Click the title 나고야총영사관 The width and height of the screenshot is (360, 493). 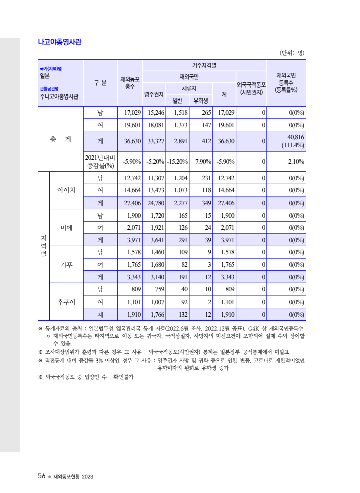tap(59, 42)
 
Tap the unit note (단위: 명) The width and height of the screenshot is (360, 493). tap(292, 53)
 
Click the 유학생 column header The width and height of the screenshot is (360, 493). tap(204, 101)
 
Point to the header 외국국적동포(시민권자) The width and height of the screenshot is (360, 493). tap(251, 88)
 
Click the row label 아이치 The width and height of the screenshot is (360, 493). tap(66, 190)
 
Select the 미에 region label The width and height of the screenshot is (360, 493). tap(66, 227)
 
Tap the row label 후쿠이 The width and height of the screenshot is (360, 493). tap(66, 302)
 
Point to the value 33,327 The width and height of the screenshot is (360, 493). tap(155, 141)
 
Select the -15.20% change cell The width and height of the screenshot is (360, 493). tap(177, 161)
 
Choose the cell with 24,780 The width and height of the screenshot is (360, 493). tap(155, 203)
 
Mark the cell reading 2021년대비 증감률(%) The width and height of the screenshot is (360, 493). tap(100, 161)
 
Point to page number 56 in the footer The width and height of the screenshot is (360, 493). tap(42, 476)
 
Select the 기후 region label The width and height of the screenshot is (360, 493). tap(66, 264)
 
